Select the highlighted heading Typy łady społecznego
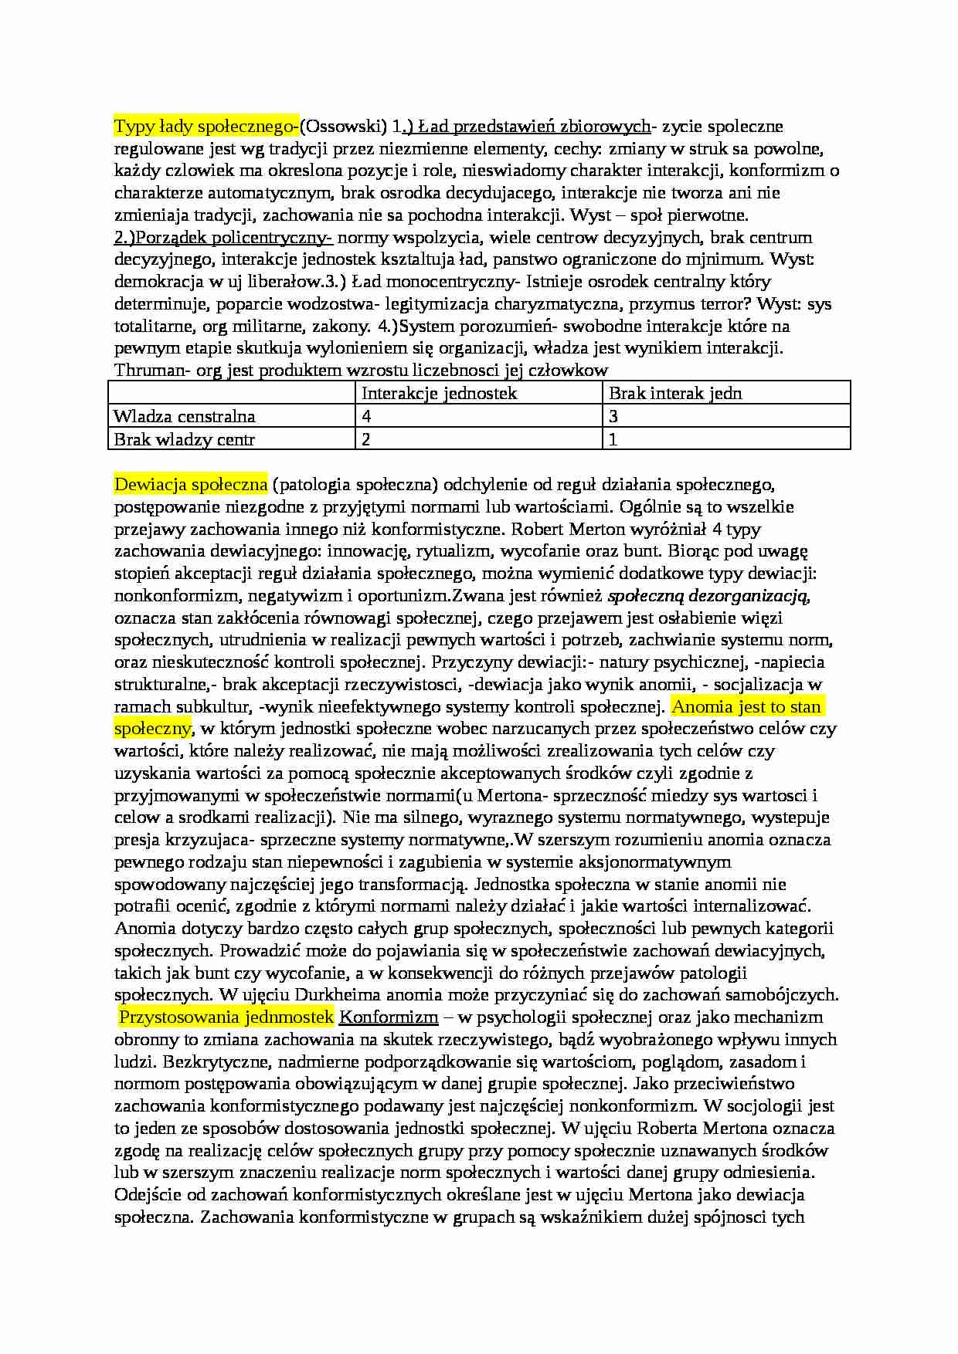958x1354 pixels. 206,126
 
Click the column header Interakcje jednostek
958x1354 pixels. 439,393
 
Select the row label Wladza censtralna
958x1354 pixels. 184,416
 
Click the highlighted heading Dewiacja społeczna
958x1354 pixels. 191,485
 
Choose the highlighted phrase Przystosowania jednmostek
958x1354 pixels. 226,1017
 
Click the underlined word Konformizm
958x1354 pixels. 389,1017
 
